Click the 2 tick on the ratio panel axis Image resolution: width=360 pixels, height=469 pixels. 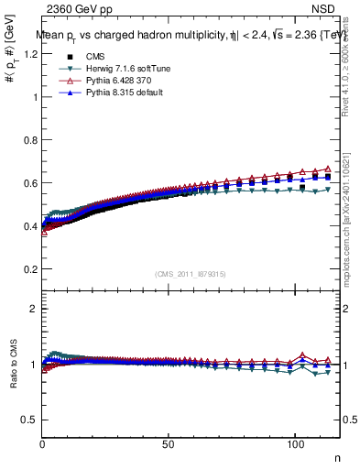pos(35,309)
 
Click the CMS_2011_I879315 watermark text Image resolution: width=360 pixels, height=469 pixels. pos(191,275)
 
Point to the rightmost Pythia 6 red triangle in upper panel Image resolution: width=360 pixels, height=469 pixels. pos(328,169)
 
